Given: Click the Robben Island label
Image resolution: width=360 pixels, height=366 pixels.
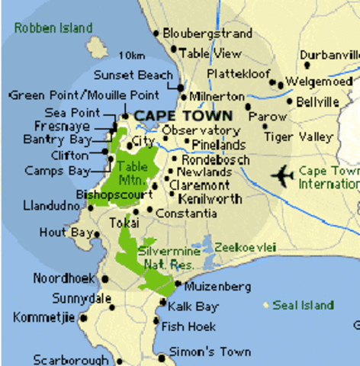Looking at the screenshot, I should [53, 28].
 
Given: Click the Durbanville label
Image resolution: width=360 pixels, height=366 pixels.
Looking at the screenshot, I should [329, 56].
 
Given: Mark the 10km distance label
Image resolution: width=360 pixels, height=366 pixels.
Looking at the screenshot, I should [131, 56].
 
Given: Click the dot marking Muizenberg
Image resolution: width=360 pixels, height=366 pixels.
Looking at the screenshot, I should [177, 285].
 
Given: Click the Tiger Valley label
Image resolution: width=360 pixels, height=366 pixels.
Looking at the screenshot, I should [298, 136].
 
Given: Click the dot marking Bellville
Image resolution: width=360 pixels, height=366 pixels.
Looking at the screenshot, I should [289, 101].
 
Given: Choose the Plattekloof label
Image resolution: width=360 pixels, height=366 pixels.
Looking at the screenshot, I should [239, 75].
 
